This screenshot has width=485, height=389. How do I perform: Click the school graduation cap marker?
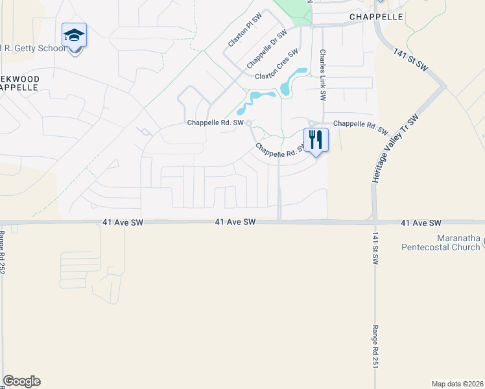[75, 36]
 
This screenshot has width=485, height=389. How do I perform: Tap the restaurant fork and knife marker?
[316, 139]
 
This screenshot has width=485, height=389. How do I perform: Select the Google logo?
[21, 381]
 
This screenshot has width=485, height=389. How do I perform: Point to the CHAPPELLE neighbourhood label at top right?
[376, 17]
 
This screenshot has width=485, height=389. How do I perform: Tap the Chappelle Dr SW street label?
[266, 50]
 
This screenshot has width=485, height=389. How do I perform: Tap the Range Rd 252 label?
[3, 252]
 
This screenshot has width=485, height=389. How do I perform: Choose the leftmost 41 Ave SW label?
[123, 222]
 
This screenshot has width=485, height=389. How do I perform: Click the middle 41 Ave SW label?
[236, 222]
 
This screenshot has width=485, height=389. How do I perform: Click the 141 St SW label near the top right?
[411, 58]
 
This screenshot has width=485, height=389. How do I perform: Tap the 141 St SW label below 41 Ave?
[375, 248]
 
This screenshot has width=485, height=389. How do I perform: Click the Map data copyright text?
[457, 383]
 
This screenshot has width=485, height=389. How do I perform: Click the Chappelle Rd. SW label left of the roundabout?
[215, 123]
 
